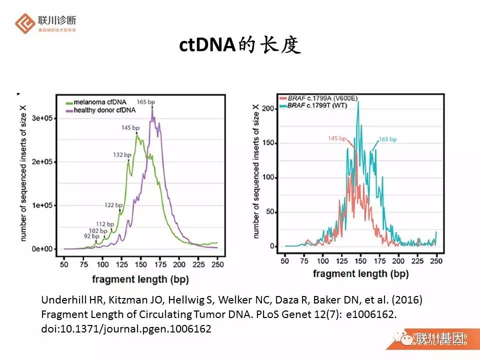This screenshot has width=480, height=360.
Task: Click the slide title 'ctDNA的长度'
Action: click(240, 45)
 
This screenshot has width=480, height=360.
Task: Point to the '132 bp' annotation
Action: click(122, 155)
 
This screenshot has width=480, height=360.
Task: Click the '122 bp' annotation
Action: click(113, 205)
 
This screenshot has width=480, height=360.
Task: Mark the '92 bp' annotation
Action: click(91, 235)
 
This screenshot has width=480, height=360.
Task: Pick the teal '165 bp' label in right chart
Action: click(387, 139)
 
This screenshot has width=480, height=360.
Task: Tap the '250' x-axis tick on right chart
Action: click(435, 261)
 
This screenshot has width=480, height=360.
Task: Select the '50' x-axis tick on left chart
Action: click(64, 263)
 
